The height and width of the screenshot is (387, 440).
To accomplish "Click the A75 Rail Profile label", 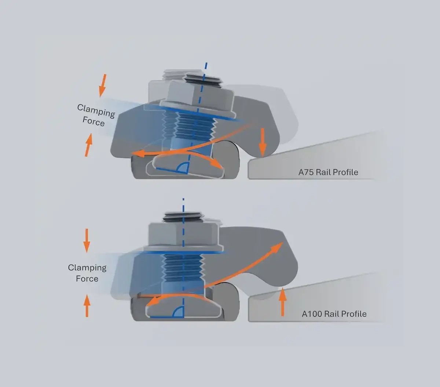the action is tap(328, 172).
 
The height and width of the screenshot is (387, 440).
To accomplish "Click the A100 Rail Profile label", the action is tap(334, 314).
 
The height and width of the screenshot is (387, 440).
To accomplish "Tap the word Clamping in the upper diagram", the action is tap(96, 111).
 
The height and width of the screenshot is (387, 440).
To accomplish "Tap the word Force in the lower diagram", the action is tap(87, 279).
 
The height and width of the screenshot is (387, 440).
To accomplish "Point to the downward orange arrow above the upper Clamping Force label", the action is tap(103, 85).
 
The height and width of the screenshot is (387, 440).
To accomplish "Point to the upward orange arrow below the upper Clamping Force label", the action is tap(89, 145).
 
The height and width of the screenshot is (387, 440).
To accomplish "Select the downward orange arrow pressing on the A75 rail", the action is tap(263, 142).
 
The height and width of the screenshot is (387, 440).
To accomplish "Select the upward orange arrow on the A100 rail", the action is tap(282, 301).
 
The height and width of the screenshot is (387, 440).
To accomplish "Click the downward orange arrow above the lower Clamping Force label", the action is tap(87, 241).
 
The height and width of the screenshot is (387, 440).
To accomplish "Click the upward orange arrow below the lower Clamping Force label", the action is tap(87, 305).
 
